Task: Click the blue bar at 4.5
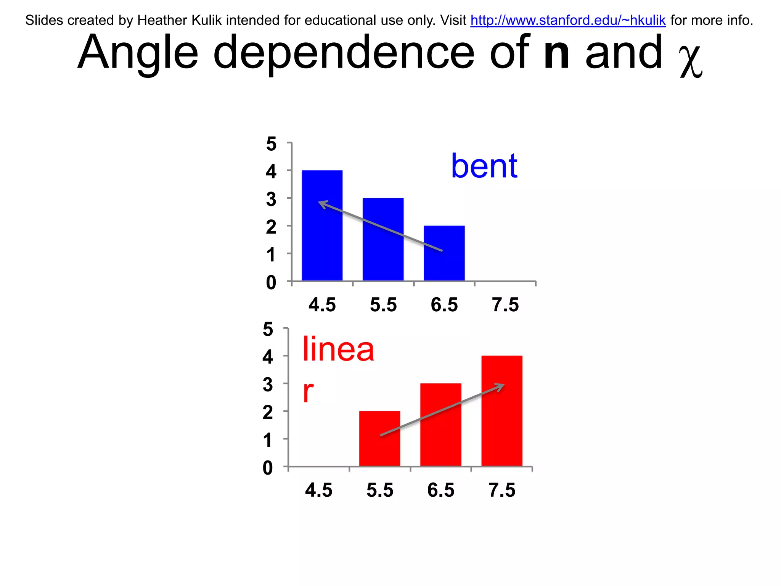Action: coord(322,244)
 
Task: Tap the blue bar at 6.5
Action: coord(444,263)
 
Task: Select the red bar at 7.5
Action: coord(501,420)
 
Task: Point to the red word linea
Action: coord(338,349)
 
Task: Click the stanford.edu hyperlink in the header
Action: coord(568,20)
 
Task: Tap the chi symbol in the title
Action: coord(691,61)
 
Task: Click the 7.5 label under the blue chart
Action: coord(505,305)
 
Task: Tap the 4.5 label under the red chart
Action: coord(319,490)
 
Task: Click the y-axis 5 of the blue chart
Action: coord(271,144)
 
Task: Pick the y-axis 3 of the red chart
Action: coord(268,385)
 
